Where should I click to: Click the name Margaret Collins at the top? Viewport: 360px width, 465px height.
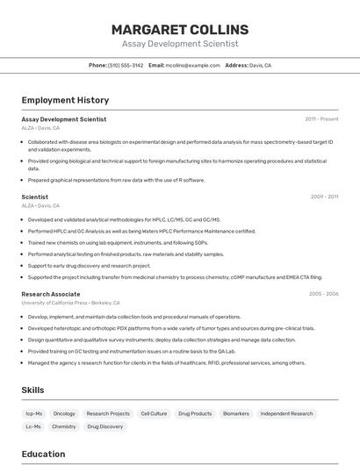coord(179,29)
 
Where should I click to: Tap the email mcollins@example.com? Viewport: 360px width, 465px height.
coord(193,65)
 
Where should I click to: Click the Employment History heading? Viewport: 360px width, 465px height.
coord(65,100)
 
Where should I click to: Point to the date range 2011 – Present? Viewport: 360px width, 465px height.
coord(321,119)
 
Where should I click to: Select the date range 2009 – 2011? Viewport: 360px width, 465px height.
coord(324,197)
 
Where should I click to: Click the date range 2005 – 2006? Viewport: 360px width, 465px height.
coord(323,295)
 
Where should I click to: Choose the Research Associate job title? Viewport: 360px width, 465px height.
coord(51,295)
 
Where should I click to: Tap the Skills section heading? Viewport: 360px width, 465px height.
coord(33,390)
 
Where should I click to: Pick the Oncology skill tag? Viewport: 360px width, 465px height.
coord(64,413)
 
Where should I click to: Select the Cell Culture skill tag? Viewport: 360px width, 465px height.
coord(153,413)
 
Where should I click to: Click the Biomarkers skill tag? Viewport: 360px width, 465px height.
coord(235,413)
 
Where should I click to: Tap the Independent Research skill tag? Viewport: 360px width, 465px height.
coord(286,413)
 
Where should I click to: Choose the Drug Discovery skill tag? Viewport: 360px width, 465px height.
coord(105,426)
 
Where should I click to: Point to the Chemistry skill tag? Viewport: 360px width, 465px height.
coord(64,426)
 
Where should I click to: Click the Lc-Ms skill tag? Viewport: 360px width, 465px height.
coord(33,426)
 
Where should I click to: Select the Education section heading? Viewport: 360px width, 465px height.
coord(43,454)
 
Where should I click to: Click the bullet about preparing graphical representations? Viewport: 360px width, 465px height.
coord(116,180)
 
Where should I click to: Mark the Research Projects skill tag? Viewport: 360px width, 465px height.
coord(108,413)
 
